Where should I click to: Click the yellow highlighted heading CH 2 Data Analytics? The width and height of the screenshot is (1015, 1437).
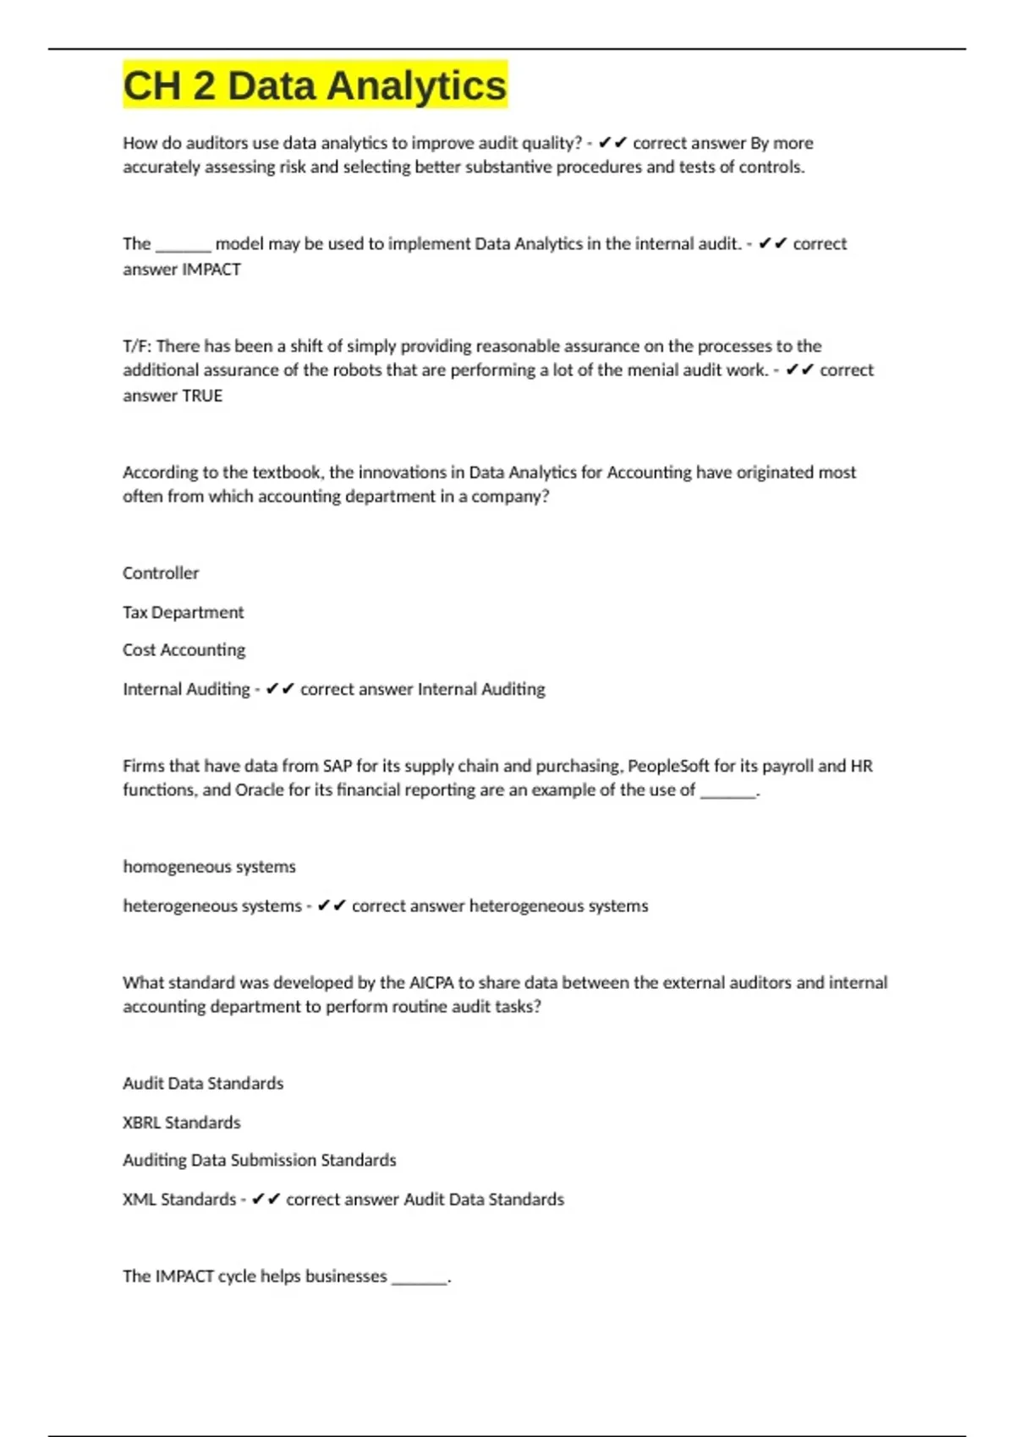(x=315, y=85)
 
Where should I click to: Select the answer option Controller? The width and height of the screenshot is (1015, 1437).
(x=161, y=573)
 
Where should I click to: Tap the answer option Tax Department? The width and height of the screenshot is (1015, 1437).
(x=183, y=612)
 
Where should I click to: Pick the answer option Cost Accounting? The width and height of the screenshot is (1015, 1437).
(x=184, y=650)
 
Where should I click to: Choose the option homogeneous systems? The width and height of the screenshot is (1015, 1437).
(x=209, y=866)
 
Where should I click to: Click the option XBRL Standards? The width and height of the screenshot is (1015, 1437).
(x=181, y=1123)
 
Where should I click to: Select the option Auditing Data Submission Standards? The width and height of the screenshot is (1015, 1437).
(x=259, y=1161)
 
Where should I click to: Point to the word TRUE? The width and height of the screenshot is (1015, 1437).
(x=203, y=396)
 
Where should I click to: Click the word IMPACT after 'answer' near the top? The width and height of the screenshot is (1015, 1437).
(x=211, y=270)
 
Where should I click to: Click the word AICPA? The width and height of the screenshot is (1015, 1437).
(x=431, y=983)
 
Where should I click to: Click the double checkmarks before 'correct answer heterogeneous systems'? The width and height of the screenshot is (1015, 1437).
(x=332, y=906)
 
